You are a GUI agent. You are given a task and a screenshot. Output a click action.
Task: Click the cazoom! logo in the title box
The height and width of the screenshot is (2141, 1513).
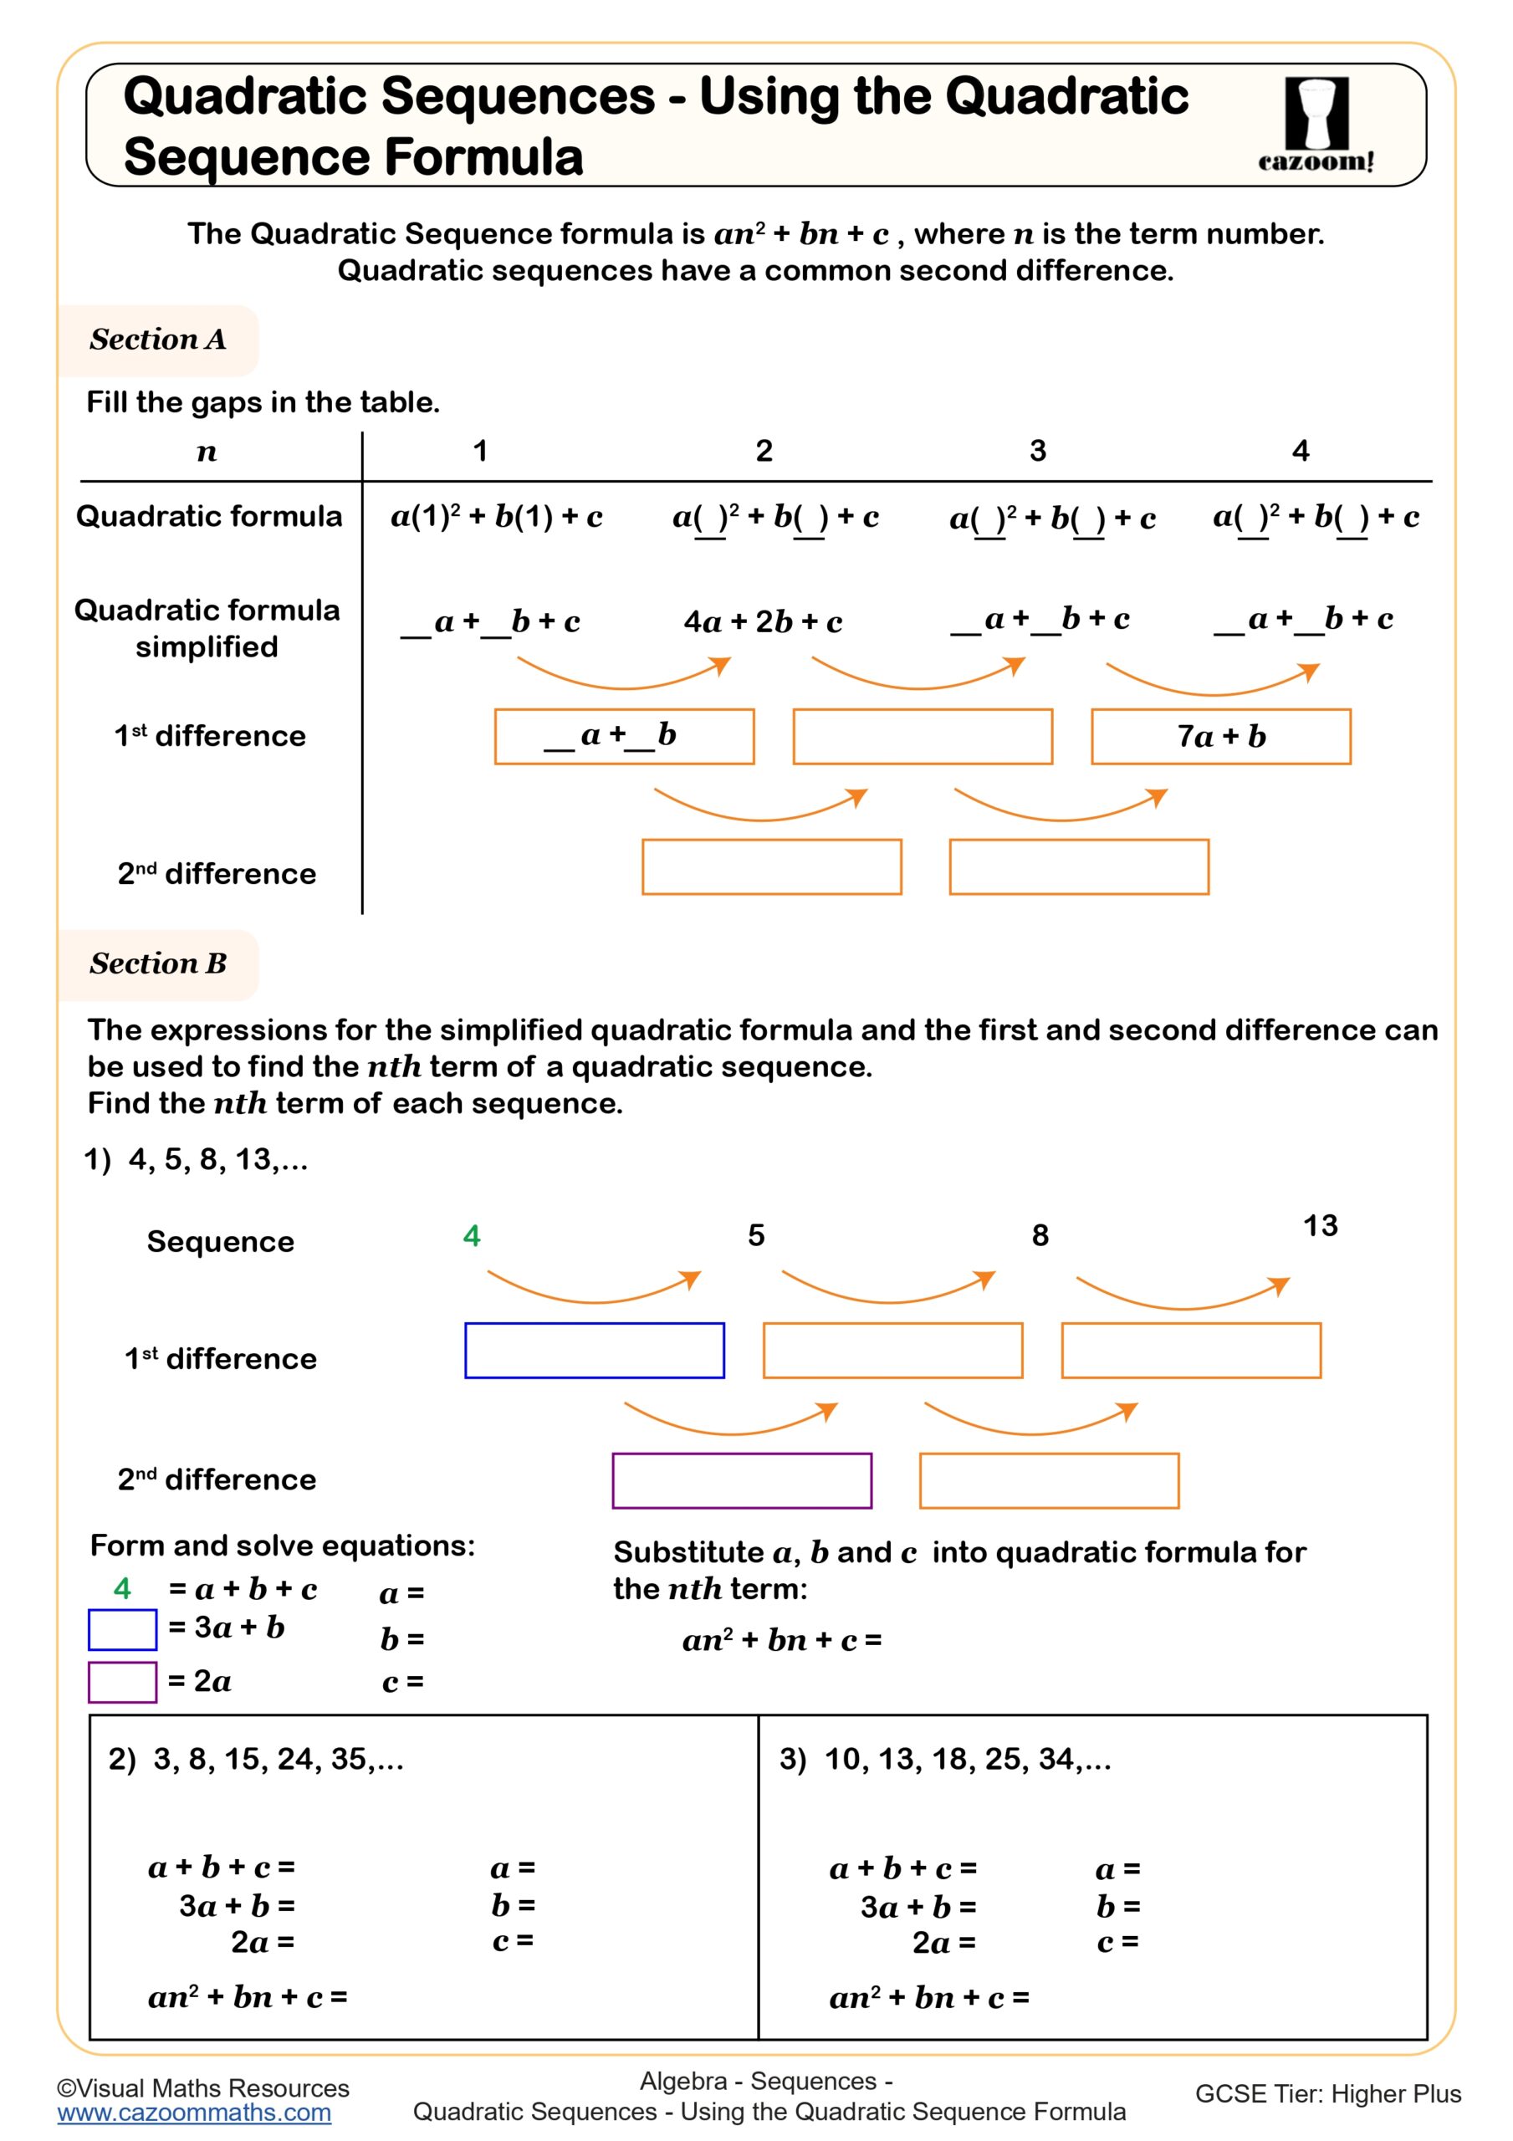pos(1316,124)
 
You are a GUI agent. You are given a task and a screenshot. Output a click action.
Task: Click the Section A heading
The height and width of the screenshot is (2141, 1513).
pos(157,340)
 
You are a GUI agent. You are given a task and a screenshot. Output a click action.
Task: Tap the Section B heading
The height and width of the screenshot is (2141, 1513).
pos(157,963)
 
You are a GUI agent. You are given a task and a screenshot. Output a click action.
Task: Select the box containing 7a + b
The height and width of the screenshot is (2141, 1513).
pos(1220,737)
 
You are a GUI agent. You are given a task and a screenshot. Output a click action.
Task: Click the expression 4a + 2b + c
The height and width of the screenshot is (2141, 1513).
pos(762,622)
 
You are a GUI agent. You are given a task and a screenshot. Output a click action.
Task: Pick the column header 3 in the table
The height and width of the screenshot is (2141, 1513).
pos(1037,452)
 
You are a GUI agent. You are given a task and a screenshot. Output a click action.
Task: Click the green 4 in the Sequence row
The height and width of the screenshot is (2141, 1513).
pos(471,1235)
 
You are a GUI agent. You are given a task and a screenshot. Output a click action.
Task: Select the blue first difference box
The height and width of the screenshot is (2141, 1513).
pos(594,1350)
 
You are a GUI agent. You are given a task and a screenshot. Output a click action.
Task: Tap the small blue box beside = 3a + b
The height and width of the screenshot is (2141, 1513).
pos(122,1630)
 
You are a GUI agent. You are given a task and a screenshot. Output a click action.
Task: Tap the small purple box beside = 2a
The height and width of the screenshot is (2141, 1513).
pos(122,1682)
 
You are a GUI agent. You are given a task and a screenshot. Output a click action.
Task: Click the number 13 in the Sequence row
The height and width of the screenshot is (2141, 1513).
pos(1320,1225)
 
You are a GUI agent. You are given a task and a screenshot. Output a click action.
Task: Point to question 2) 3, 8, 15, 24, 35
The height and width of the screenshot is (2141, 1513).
pos(256,1759)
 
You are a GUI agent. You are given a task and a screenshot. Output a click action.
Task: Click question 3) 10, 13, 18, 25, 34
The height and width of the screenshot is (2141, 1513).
pos(945,1759)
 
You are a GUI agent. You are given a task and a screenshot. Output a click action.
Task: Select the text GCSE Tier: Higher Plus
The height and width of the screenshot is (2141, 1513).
pos(1327,2093)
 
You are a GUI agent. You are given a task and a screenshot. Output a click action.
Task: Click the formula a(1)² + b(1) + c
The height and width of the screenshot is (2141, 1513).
pos(496,517)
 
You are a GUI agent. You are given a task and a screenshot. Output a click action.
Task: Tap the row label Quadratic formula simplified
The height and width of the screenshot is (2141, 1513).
pos(207,627)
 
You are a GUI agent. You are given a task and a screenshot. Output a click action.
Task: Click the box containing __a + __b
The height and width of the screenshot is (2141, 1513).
pos(624,737)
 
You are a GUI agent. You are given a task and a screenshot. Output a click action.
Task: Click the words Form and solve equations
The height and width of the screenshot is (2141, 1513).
pos(282,1546)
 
